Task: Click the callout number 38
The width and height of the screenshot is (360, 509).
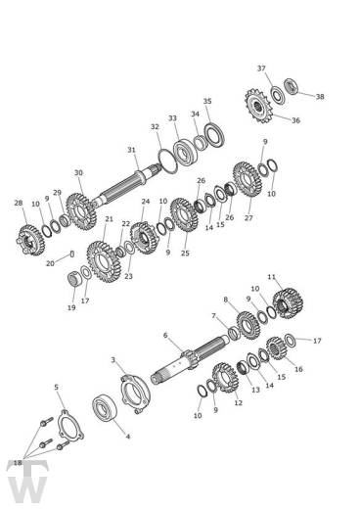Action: pyautogui.click(x=320, y=97)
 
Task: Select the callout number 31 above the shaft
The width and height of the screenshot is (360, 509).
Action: pyautogui.click(x=131, y=150)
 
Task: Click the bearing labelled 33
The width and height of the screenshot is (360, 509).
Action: pyautogui.click(x=185, y=154)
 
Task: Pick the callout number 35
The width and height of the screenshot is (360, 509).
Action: pyautogui.click(x=207, y=101)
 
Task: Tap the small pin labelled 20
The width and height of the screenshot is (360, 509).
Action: pyautogui.click(x=72, y=254)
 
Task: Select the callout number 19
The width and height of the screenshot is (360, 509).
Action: pyautogui.click(x=71, y=307)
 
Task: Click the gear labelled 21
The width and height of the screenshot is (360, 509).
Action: pyautogui.click(x=104, y=261)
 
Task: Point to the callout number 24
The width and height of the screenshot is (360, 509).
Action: pyautogui.click(x=146, y=202)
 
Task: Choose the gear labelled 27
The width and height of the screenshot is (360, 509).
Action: pyautogui.click(x=247, y=179)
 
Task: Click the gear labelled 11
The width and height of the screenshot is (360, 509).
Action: pyautogui.click(x=288, y=303)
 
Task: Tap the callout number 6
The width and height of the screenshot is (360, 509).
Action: pyautogui.click(x=165, y=335)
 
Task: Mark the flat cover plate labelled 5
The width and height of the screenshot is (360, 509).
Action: pyautogui.click(x=70, y=426)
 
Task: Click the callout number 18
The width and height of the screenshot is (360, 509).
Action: pyautogui.click(x=18, y=463)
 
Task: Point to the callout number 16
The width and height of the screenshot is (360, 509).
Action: pyautogui.click(x=298, y=369)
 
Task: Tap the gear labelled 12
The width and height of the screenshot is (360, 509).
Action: pyautogui.click(x=225, y=378)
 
